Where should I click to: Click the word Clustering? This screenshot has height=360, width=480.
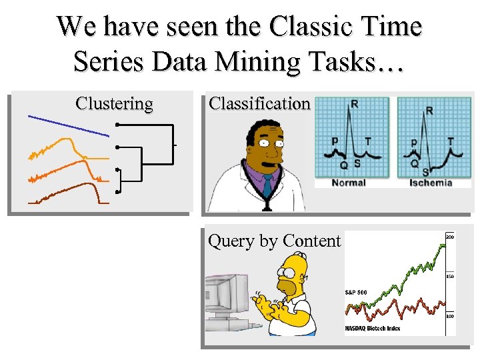click(114, 104)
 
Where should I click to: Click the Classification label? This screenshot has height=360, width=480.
click(259, 104)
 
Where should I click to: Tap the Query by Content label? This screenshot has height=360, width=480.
click(275, 241)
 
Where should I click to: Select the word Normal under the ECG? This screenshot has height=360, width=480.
click(349, 183)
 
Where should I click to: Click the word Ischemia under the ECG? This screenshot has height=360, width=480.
click(429, 183)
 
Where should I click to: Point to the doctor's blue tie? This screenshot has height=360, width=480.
click(268, 185)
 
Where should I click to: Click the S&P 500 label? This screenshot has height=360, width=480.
click(356, 292)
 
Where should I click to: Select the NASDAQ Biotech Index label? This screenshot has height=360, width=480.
click(373, 329)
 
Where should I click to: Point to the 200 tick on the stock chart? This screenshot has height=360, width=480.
click(450, 237)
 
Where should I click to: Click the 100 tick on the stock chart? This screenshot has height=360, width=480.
click(450, 316)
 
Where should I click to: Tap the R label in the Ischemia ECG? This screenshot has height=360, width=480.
click(429, 110)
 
